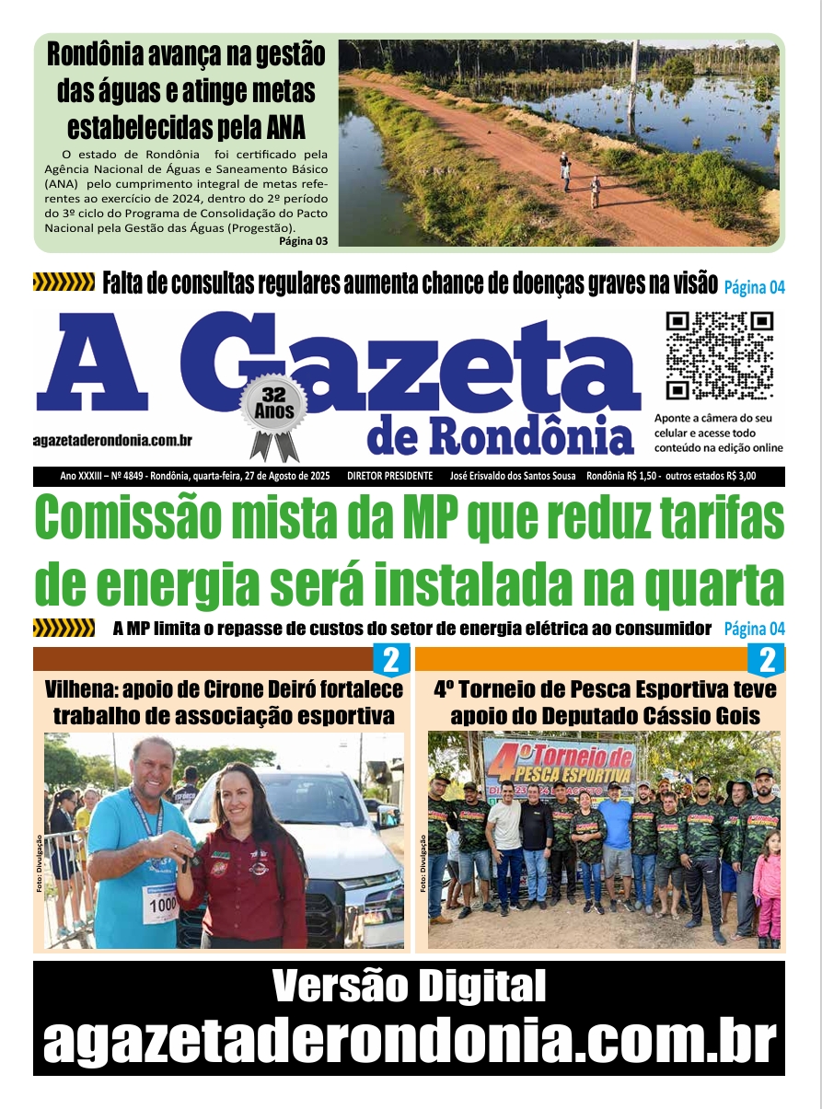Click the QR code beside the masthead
pyautogui.click(x=719, y=355)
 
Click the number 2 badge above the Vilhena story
pyautogui.click(x=390, y=660)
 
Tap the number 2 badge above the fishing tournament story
pyautogui.click(x=766, y=660)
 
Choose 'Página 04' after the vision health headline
pyautogui.click(x=754, y=287)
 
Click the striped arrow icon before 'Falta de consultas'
pyautogui.click(x=64, y=283)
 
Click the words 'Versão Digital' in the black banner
pyautogui.click(x=410, y=988)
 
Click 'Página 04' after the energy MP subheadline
pyautogui.click(x=754, y=630)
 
